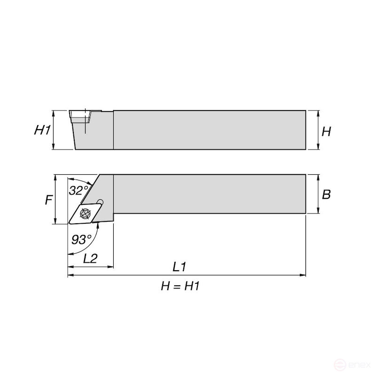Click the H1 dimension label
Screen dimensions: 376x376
(x=42, y=130)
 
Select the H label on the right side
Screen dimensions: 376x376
(x=326, y=132)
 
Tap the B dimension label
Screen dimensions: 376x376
(x=326, y=194)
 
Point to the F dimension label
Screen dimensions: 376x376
(x=49, y=200)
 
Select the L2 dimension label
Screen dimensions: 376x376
(x=90, y=258)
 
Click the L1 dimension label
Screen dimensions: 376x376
(x=180, y=267)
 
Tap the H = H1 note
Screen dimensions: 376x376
(x=180, y=286)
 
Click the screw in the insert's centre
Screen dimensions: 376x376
(x=86, y=213)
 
